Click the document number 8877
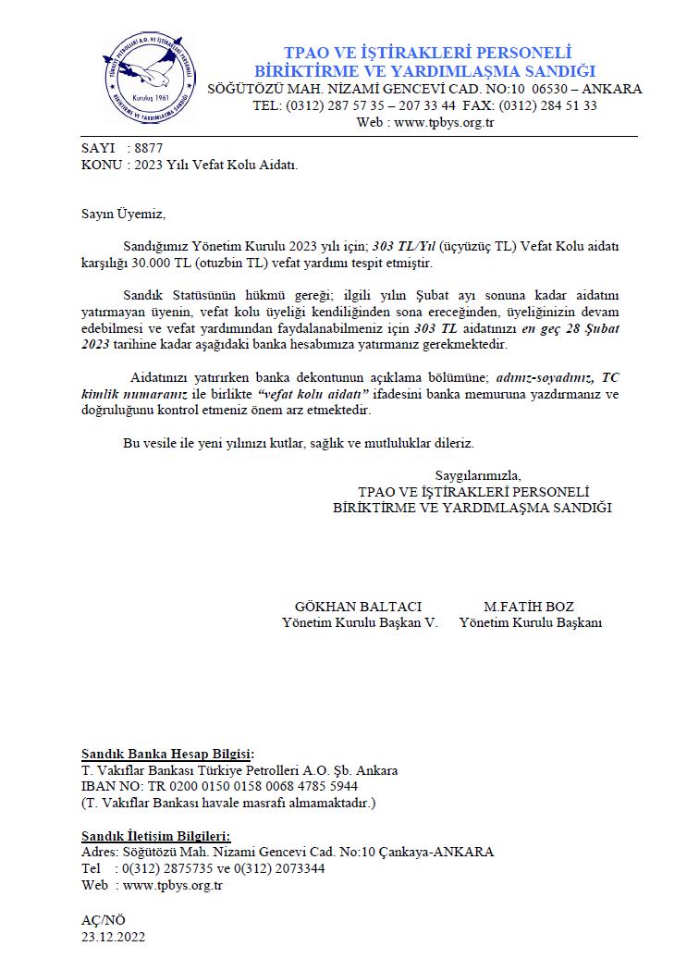point(148,148)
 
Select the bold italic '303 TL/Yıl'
point(406,247)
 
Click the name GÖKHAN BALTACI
point(358,607)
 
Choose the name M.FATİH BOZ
point(529,607)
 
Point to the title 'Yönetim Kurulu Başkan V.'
point(360,622)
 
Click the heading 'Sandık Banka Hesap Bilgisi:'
point(167,755)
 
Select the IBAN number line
point(219,786)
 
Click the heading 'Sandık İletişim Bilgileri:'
point(162,836)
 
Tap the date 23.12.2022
point(115,936)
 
